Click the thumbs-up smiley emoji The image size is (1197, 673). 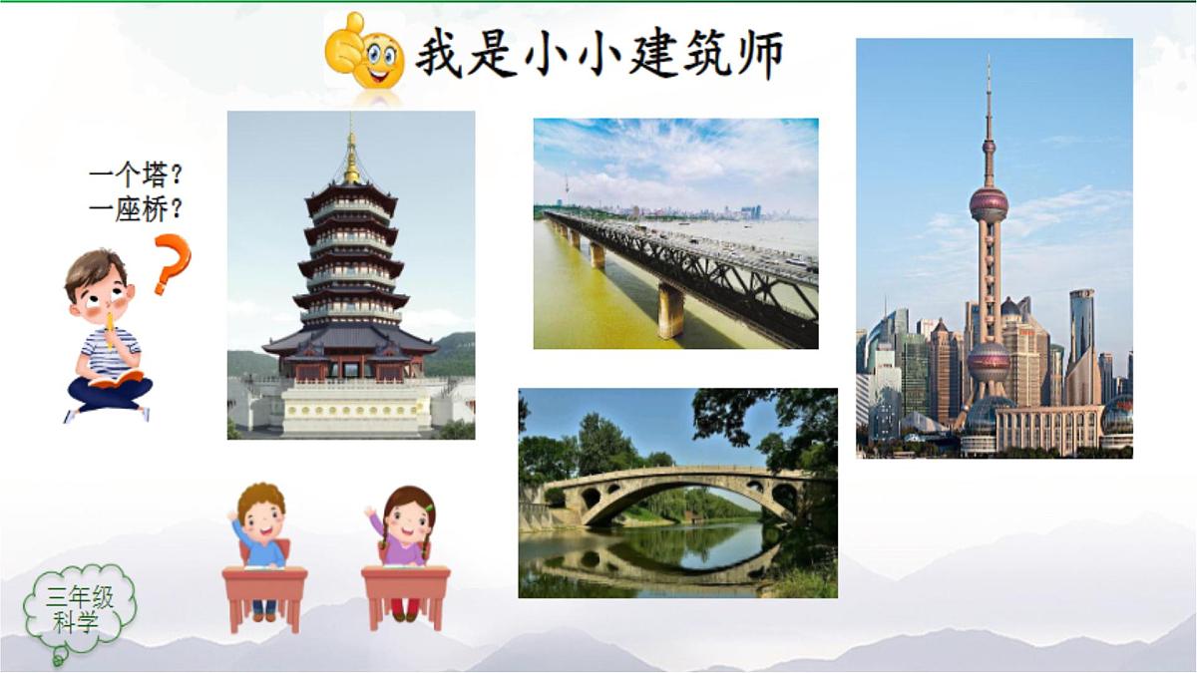click(x=364, y=52)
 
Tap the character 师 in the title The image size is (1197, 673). click(x=756, y=54)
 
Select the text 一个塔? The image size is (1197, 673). click(x=136, y=177)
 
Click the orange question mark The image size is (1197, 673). click(x=172, y=263)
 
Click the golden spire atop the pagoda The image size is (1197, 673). click(x=351, y=160)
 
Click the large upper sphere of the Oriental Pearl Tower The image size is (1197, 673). click(x=989, y=204)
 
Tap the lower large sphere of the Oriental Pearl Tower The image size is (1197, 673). click(x=989, y=362)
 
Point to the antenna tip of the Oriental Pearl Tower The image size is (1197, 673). click(x=989, y=65)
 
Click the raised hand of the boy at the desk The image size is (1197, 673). click(x=233, y=515)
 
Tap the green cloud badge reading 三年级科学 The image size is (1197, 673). click(x=78, y=610)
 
